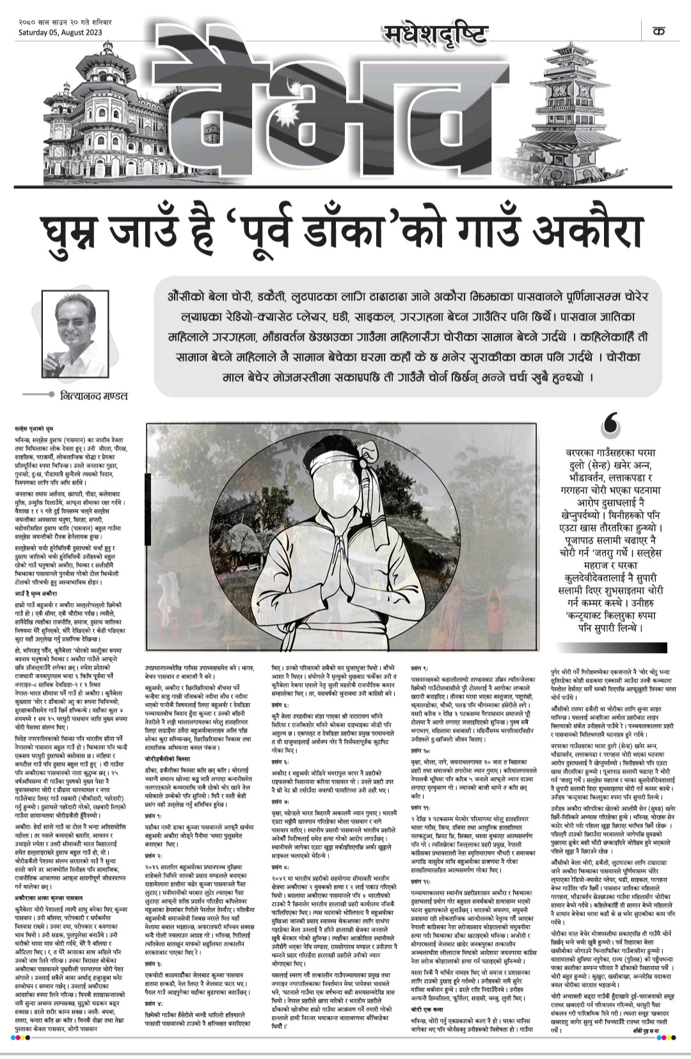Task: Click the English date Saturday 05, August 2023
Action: pyautogui.click(x=60, y=32)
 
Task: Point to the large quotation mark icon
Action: pyautogui.click(x=610, y=423)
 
